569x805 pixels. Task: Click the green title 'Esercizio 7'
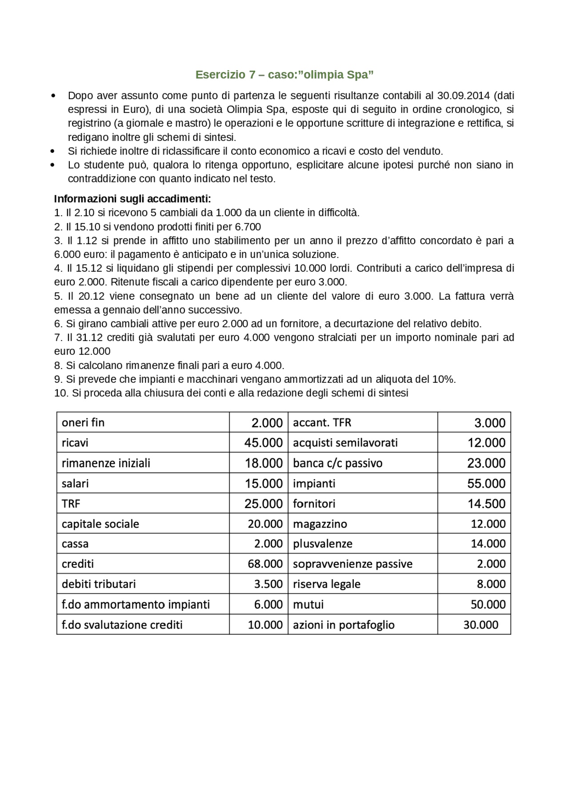click(x=225, y=75)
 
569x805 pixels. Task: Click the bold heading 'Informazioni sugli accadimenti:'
click(x=132, y=199)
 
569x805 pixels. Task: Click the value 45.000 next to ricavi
click(x=263, y=443)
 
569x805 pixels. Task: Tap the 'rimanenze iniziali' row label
click(x=106, y=463)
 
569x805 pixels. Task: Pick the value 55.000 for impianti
click(x=486, y=484)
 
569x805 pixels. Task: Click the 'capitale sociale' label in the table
click(x=100, y=524)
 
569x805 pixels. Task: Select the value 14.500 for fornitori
click(x=486, y=504)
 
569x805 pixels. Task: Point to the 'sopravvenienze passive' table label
click(x=353, y=564)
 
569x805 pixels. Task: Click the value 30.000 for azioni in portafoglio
click(x=481, y=625)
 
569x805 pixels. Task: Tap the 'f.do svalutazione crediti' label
click(x=122, y=625)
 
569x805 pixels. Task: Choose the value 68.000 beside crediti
click(x=265, y=564)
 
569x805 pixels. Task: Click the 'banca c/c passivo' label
click(x=337, y=463)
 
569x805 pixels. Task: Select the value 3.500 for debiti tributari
click(x=268, y=584)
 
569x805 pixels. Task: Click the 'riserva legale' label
click(x=326, y=584)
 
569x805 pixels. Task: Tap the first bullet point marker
click(x=53, y=96)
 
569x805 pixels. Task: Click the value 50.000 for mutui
click(x=488, y=605)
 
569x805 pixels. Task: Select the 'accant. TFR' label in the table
click(x=322, y=422)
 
